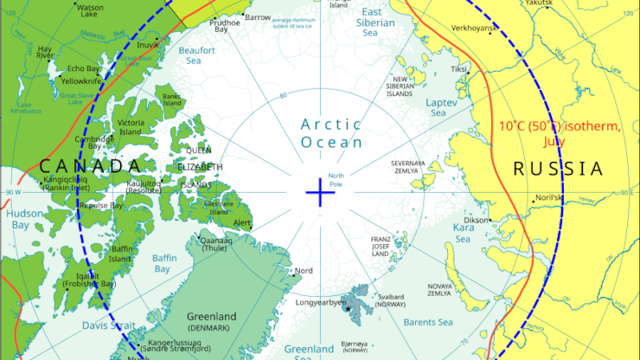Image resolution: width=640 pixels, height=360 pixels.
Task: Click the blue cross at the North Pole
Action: click(320, 192)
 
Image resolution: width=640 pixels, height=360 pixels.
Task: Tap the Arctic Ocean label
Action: click(331, 133)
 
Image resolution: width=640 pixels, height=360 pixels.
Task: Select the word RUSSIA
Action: click(557, 169)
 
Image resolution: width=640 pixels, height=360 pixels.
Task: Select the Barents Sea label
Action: click(427, 323)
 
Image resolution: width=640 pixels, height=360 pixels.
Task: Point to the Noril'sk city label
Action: click(548, 198)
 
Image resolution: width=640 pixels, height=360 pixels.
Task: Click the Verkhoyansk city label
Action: click(468, 29)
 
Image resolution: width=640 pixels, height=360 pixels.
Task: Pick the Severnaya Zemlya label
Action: click(408, 166)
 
